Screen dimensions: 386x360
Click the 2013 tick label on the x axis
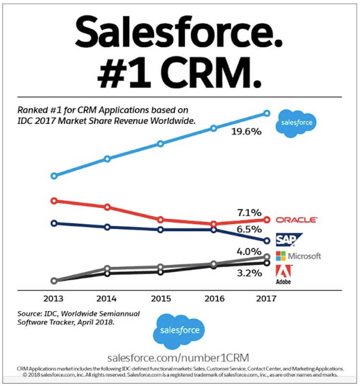54,298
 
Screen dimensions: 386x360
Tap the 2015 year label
160,298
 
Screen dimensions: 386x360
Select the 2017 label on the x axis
267,298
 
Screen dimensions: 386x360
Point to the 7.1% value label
249,212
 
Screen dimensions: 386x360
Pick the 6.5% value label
249,229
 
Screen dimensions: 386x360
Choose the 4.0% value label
249,252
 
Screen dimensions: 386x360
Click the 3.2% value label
249,273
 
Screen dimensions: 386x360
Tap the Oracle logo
296,220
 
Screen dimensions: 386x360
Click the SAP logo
288,239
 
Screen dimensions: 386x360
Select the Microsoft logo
298,256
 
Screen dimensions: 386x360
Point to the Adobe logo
283,275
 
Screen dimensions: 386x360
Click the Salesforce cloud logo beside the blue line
296,123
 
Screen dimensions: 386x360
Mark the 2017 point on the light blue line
267,113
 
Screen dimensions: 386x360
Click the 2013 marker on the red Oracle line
54,200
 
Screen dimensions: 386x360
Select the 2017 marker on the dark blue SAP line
267,240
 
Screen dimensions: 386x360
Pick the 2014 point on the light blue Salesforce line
108,159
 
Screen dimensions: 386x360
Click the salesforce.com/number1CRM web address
180,358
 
